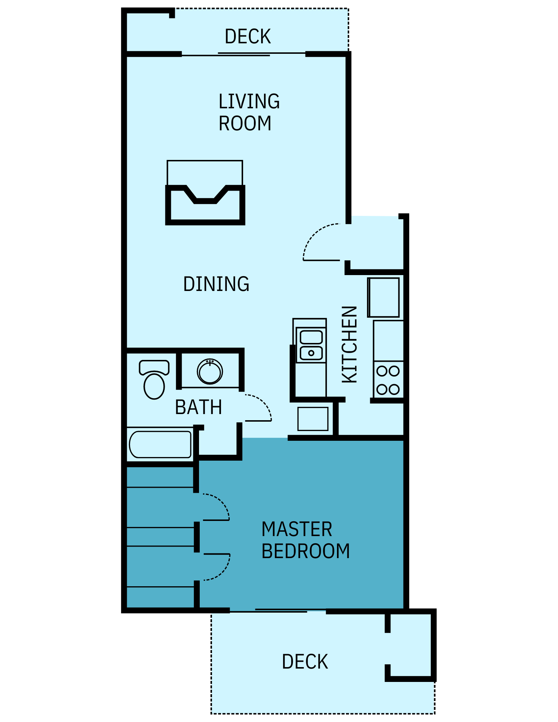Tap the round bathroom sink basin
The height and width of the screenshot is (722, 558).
coord(209,372)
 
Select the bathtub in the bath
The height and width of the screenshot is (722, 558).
coord(160,444)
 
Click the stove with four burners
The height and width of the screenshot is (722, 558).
coord(388,380)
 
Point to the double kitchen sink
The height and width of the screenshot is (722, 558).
coord(311,345)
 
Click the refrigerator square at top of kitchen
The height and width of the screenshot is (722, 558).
coord(384,297)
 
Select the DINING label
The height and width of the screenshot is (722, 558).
coord(216,284)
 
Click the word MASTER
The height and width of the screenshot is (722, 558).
coord(297,529)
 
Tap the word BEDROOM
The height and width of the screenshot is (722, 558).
coord(306,551)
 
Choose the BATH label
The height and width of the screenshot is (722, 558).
coord(198,407)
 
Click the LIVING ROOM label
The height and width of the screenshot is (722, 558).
coord(248,112)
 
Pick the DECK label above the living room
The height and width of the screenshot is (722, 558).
coord(247,36)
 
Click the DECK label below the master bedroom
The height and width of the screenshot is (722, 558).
coord(305,662)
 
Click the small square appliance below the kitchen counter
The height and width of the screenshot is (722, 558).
coord(313,419)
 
